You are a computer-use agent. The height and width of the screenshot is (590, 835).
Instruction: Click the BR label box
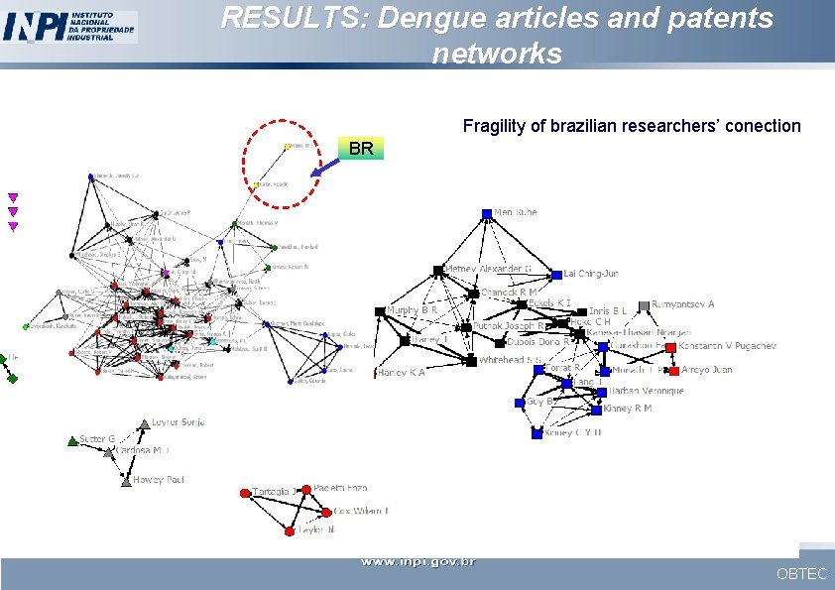(x=361, y=149)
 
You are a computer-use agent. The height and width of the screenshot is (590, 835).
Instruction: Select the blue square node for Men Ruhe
(x=487, y=214)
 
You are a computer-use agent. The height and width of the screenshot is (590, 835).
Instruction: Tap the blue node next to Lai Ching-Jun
(x=556, y=274)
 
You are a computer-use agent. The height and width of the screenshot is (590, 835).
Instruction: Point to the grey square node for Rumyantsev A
(x=644, y=305)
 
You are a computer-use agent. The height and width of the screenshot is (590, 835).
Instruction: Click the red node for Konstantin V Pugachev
(x=670, y=347)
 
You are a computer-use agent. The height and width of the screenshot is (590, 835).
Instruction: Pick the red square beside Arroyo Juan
(x=673, y=371)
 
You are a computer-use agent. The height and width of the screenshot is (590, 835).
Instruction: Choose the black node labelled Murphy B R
(x=380, y=311)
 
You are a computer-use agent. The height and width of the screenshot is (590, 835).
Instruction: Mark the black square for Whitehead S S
(x=471, y=361)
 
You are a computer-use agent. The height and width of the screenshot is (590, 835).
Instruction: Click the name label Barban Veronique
(x=647, y=391)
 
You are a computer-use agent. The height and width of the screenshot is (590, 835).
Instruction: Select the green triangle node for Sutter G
(x=72, y=440)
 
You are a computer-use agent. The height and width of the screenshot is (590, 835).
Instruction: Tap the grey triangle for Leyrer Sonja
(x=144, y=423)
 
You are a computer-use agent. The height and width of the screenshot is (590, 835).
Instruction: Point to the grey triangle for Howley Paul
(x=126, y=482)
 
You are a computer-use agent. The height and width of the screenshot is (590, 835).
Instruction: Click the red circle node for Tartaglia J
(x=245, y=493)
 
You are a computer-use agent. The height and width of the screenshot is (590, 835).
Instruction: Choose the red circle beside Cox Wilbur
(x=325, y=512)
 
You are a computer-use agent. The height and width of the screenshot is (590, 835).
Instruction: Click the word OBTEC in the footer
(x=801, y=573)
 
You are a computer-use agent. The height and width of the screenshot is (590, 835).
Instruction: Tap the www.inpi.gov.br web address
(x=417, y=562)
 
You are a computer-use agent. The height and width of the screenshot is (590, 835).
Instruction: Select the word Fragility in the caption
(x=492, y=126)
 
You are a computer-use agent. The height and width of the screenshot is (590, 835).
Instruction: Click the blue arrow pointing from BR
(x=325, y=167)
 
